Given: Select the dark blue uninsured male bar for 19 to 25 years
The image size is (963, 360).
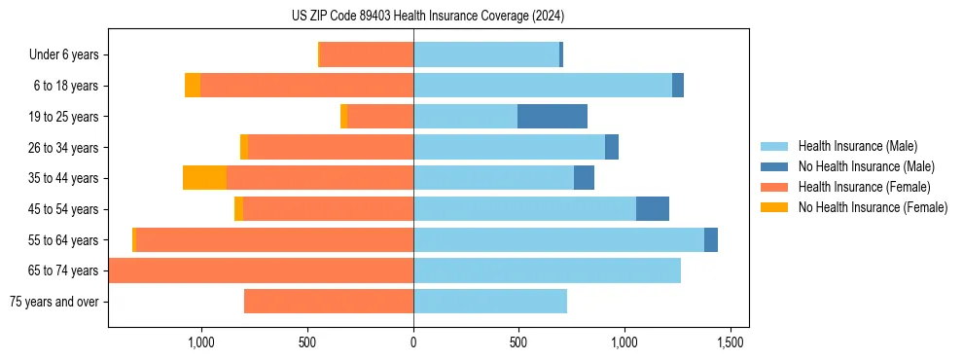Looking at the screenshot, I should [x=552, y=117].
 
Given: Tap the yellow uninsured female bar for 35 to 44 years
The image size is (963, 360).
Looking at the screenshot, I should [x=204, y=178].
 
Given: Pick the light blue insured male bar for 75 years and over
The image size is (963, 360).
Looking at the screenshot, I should [x=489, y=302].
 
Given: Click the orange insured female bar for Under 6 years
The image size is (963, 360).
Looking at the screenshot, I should [x=367, y=54].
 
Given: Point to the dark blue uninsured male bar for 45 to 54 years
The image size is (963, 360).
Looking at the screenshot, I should [x=652, y=209].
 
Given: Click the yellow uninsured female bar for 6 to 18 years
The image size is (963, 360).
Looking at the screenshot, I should [x=193, y=86].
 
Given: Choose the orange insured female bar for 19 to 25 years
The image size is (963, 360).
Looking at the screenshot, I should [x=380, y=117].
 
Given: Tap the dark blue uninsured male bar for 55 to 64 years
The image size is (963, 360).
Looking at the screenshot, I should [x=710, y=239].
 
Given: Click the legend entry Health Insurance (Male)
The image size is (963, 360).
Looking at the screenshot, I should [x=857, y=146].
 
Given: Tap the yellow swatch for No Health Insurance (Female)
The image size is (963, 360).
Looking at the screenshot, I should [x=774, y=207].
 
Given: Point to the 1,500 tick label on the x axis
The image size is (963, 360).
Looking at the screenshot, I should [x=731, y=342].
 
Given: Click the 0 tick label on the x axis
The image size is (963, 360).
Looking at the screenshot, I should [x=413, y=342].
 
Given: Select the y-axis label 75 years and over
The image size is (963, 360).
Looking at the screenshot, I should [x=53, y=302].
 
